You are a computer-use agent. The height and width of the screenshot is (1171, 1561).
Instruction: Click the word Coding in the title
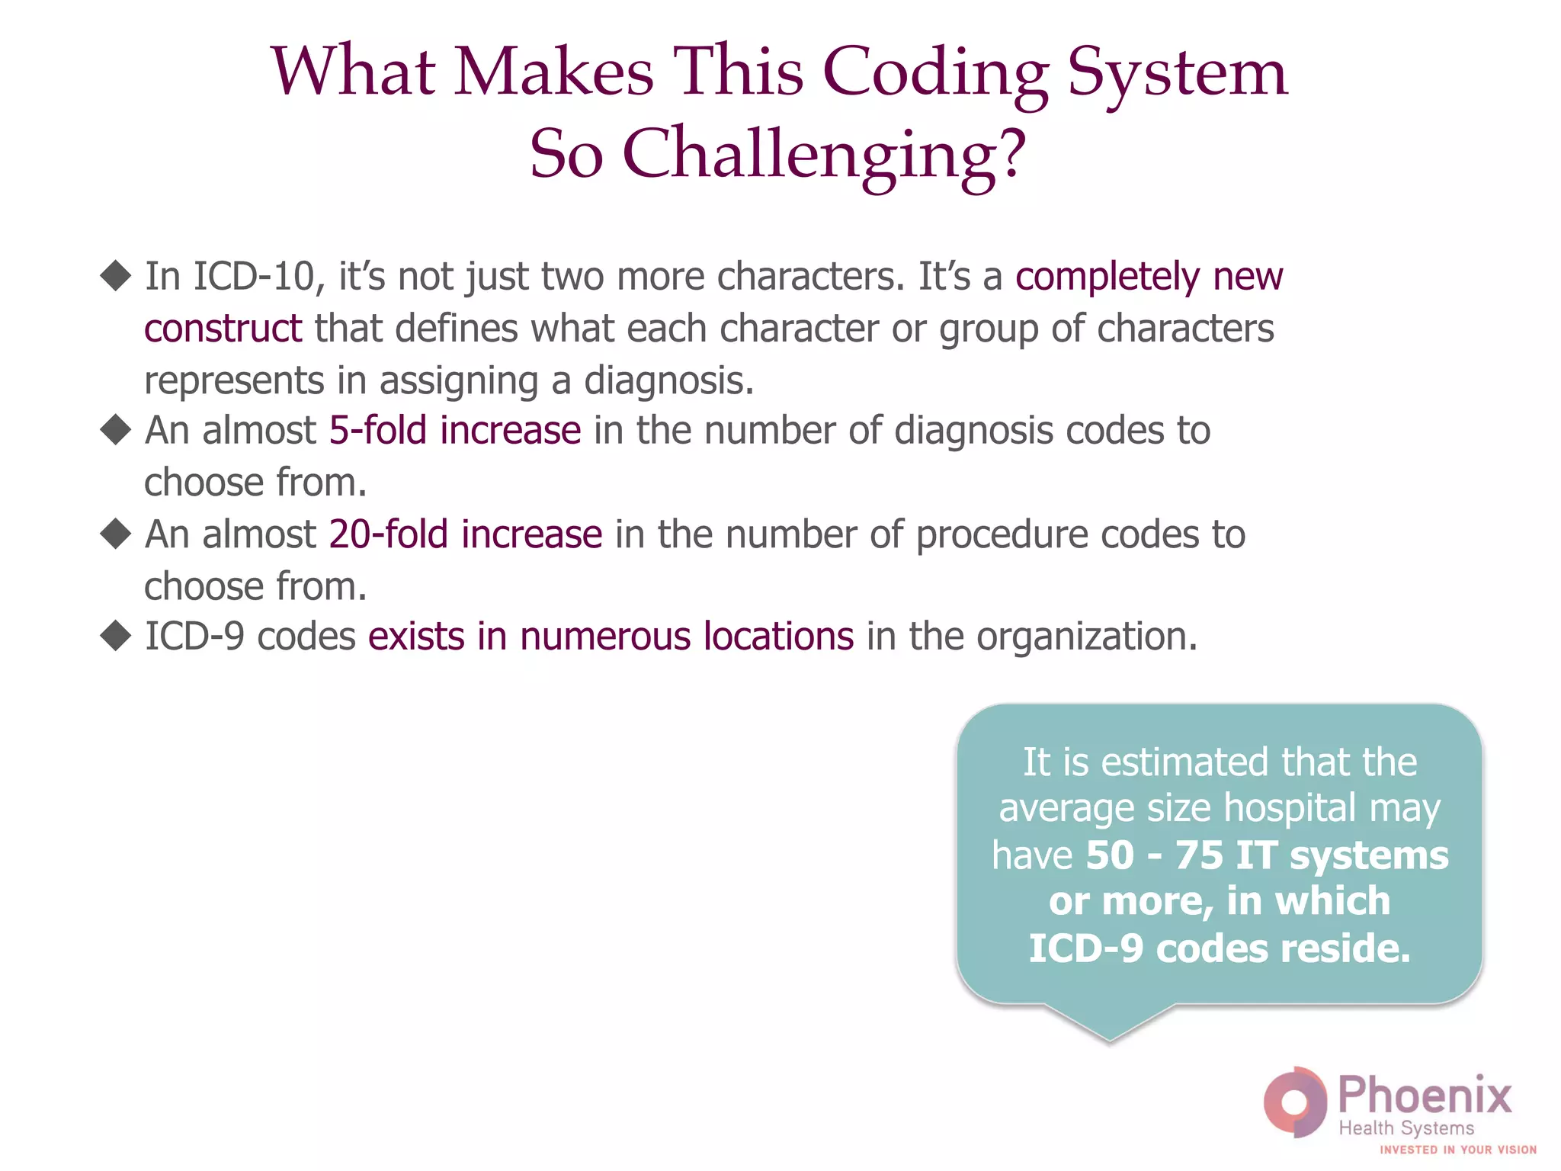pos(935,73)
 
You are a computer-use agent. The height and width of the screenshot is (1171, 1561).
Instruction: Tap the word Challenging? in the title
pos(825,155)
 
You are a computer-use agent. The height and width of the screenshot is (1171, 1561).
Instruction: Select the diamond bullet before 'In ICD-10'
pos(116,275)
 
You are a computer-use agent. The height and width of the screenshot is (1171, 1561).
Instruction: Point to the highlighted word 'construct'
pos(223,329)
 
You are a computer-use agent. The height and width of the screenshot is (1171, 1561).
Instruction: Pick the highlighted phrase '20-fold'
pos(388,534)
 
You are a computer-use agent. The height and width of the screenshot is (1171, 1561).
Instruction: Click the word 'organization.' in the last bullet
pos(1087,637)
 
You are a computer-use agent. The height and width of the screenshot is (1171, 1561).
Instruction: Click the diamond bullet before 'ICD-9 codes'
pos(116,636)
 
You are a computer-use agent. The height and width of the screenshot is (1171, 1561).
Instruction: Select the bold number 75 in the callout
pos(1199,855)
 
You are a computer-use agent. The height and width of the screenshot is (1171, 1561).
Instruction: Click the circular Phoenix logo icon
pos(1294,1102)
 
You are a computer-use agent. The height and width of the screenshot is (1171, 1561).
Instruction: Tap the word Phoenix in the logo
pos(1425,1096)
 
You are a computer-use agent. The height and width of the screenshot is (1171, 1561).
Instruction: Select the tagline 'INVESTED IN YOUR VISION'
pos(1457,1150)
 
